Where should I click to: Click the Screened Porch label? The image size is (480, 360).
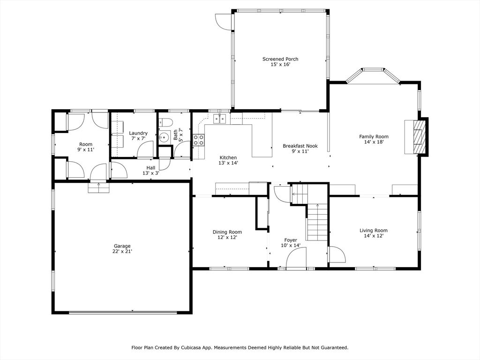pyautogui.click(x=280, y=59)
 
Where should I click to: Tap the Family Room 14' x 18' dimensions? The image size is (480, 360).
pyautogui.click(x=374, y=142)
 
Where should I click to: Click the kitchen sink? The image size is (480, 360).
pyautogui.click(x=220, y=118)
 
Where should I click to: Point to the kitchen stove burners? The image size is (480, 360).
pyautogui.click(x=199, y=140)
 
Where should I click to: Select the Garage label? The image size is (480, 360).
pyautogui.click(x=122, y=246)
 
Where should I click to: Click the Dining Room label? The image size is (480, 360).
pyautogui.click(x=227, y=232)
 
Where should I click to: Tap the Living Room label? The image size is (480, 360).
pyautogui.click(x=374, y=230)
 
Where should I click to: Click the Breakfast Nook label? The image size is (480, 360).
pyautogui.click(x=300, y=146)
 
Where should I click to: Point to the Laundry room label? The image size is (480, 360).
pyautogui.click(x=138, y=133)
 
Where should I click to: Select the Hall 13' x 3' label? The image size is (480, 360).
pyautogui.click(x=150, y=170)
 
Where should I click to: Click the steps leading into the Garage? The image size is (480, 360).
pyautogui.click(x=98, y=187)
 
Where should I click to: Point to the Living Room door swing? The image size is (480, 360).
pyautogui.click(x=336, y=255)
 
